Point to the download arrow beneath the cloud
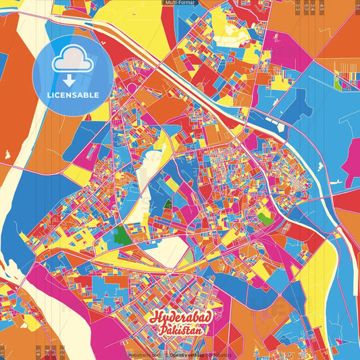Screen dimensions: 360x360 (71, 80)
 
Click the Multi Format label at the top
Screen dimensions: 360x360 (180, 3)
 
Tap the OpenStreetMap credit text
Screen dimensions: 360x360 (186, 355)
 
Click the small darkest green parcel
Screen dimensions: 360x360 (168, 204)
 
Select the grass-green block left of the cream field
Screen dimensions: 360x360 (122, 235)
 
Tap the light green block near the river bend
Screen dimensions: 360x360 (265, 218)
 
